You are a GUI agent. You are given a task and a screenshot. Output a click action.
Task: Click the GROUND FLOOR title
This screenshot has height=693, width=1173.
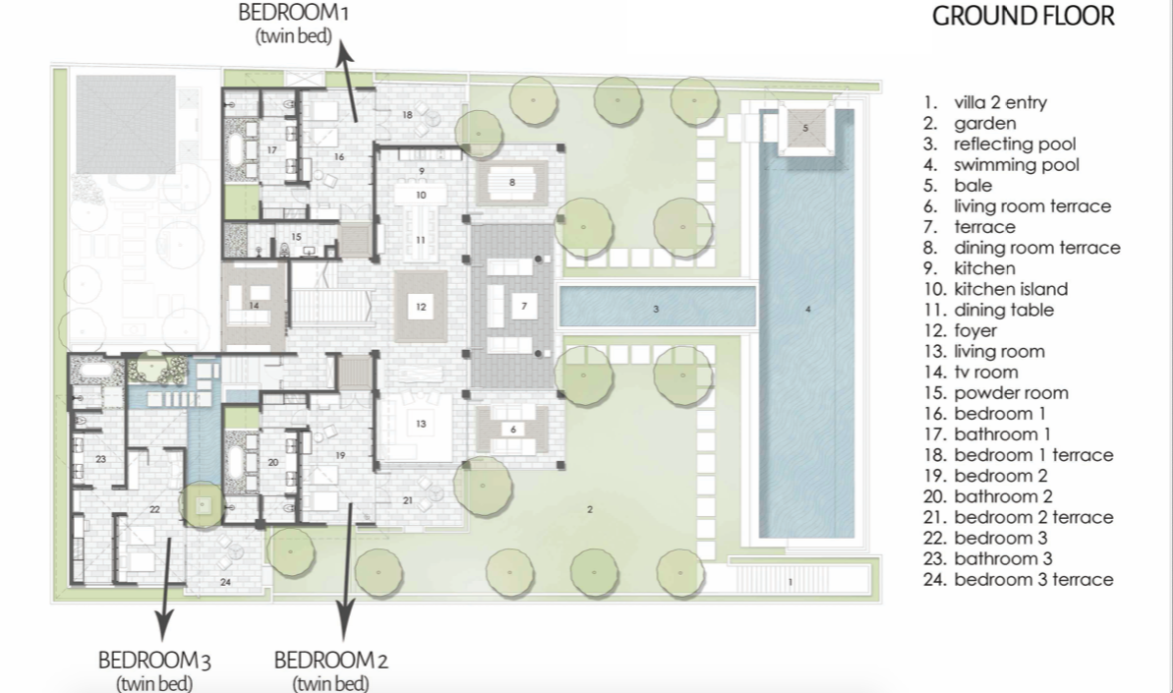[1023, 17]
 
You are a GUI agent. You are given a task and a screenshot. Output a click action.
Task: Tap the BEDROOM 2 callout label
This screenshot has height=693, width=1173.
[330, 668]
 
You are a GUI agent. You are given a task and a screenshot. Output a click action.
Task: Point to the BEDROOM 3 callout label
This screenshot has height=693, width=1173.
[155, 668]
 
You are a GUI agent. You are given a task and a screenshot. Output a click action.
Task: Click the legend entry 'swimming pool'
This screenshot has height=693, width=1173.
[1016, 165]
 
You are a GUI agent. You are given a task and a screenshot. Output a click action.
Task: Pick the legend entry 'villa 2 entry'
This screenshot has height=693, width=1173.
[999, 102]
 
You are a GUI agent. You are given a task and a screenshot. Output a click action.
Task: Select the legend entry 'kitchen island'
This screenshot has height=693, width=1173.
[1010, 289]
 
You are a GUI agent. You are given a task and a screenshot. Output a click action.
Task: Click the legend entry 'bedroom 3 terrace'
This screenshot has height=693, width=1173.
[1032, 580]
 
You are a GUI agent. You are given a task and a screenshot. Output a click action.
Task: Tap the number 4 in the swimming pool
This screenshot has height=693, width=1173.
[808, 310]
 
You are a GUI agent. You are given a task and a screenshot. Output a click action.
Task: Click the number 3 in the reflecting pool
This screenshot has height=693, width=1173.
[656, 310]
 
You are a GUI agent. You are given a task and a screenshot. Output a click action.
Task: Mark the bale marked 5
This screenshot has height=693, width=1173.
[805, 129]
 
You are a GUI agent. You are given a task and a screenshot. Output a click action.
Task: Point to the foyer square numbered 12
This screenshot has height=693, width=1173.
[421, 307]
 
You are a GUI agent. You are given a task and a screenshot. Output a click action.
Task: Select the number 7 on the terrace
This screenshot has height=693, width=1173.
[524, 307]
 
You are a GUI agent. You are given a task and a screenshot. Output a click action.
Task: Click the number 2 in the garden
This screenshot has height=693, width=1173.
[590, 509]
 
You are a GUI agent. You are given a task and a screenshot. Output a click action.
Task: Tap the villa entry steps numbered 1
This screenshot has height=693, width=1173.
[790, 582]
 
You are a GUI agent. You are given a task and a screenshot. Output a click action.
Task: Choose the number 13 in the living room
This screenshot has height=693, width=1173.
[421, 424]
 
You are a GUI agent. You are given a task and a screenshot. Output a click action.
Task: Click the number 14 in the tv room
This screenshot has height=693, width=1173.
[254, 306]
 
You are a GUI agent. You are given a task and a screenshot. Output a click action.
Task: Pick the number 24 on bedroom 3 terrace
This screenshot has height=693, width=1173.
[225, 582]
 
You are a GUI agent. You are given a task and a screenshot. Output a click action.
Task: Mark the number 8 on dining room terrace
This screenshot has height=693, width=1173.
[512, 182]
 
